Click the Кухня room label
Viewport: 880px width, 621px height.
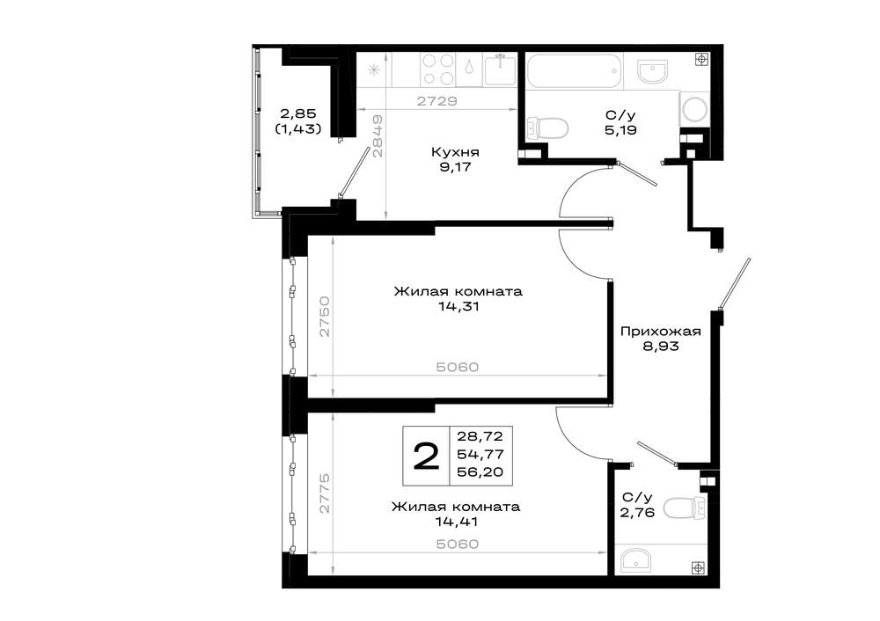[x=455, y=152]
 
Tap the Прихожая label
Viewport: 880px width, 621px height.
[x=661, y=332]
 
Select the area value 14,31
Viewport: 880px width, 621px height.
[x=459, y=307]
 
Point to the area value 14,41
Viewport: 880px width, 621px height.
[x=457, y=522]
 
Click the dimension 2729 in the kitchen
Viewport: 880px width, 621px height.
[x=437, y=101]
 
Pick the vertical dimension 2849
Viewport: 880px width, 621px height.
[x=378, y=136]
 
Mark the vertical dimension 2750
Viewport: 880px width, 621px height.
[x=325, y=316]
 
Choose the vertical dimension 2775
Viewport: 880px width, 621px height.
[x=325, y=493]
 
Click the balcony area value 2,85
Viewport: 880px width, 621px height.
[x=298, y=113]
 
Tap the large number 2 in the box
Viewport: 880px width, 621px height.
[x=426, y=456]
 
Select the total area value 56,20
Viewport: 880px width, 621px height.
[x=480, y=472]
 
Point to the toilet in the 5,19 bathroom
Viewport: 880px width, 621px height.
[x=546, y=128]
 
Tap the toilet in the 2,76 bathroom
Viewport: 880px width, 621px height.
[x=684, y=508]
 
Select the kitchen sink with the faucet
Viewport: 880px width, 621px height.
[x=500, y=69]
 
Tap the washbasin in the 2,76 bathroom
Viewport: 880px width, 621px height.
[x=636, y=559]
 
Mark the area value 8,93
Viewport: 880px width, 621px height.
[x=661, y=346]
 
